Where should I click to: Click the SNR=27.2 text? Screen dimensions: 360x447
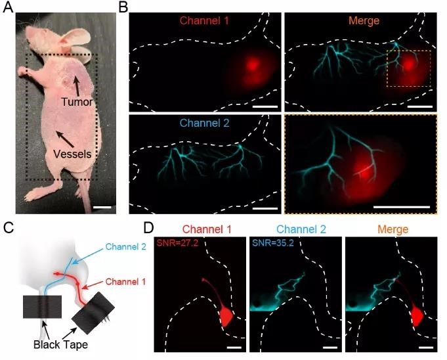176,243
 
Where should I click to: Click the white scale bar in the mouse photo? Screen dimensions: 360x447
102,208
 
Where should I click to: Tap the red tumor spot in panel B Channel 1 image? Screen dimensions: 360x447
253,66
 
